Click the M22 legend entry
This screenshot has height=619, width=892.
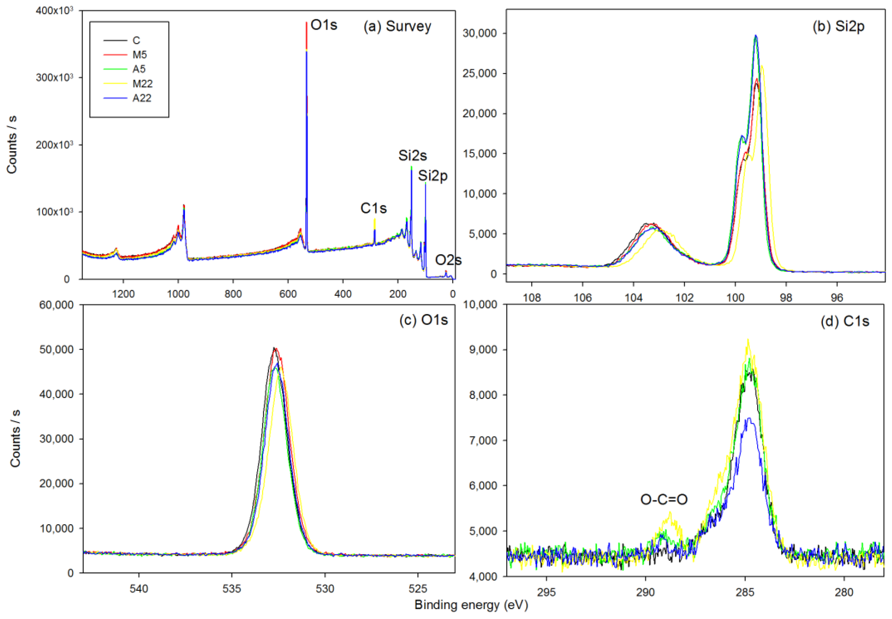click(142, 83)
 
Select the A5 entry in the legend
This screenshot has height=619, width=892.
click(139, 69)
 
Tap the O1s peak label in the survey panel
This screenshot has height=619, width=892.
click(324, 25)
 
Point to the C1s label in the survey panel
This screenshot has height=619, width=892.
click(373, 208)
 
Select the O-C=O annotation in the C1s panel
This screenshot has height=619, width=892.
click(663, 499)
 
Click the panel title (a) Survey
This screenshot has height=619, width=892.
click(397, 26)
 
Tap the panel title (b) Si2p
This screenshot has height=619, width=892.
click(838, 26)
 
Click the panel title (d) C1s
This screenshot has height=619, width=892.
click(844, 321)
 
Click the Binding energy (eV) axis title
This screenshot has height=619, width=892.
click(471, 605)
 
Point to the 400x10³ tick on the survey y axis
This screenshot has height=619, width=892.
click(54, 11)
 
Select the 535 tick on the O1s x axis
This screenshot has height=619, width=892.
click(232, 589)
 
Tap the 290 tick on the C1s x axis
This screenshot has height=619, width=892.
click(645, 592)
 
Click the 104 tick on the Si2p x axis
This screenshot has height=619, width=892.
click(633, 298)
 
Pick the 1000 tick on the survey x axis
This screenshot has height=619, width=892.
click(178, 294)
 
